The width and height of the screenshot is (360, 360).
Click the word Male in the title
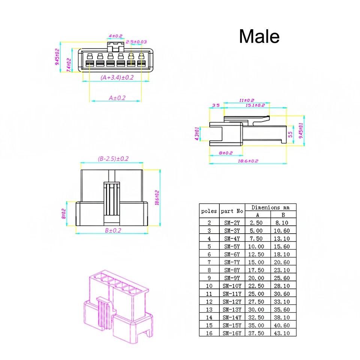pyautogui.click(x=259, y=36)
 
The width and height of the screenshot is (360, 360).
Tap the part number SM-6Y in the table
pyautogui.click(x=232, y=254)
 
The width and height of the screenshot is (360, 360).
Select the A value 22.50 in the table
pyautogui.click(x=257, y=286)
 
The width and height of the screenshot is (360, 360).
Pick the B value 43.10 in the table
pyautogui.click(x=283, y=333)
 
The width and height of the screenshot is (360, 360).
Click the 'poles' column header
pyautogui.click(x=209, y=211)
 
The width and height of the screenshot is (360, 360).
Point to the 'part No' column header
pyautogui.click(x=232, y=211)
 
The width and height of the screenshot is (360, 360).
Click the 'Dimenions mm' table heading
pyautogui.click(x=270, y=207)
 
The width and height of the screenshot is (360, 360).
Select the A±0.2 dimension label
pyautogui.click(x=117, y=98)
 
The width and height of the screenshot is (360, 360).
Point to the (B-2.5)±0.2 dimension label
pyautogui.click(x=113, y=159)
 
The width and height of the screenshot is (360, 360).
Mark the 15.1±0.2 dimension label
pyautogui.click(x=255, y=106)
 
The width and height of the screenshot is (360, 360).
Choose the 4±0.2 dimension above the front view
pyautogui.click(x=115, y=36)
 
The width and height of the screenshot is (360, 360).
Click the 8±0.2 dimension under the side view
pyautogui.click(x=226, y=153)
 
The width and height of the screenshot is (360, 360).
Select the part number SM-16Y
pyautogui.click(x=232, y=333)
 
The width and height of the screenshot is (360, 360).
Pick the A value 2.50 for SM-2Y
pyautogui.click(x=257, y=223)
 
